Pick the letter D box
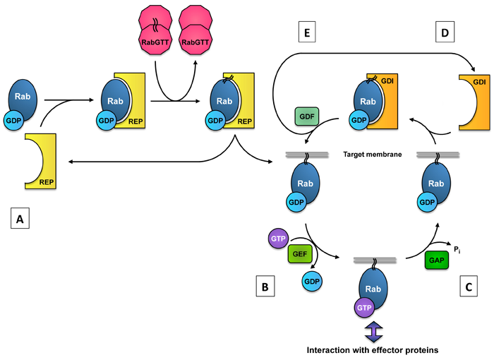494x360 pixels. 442,33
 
